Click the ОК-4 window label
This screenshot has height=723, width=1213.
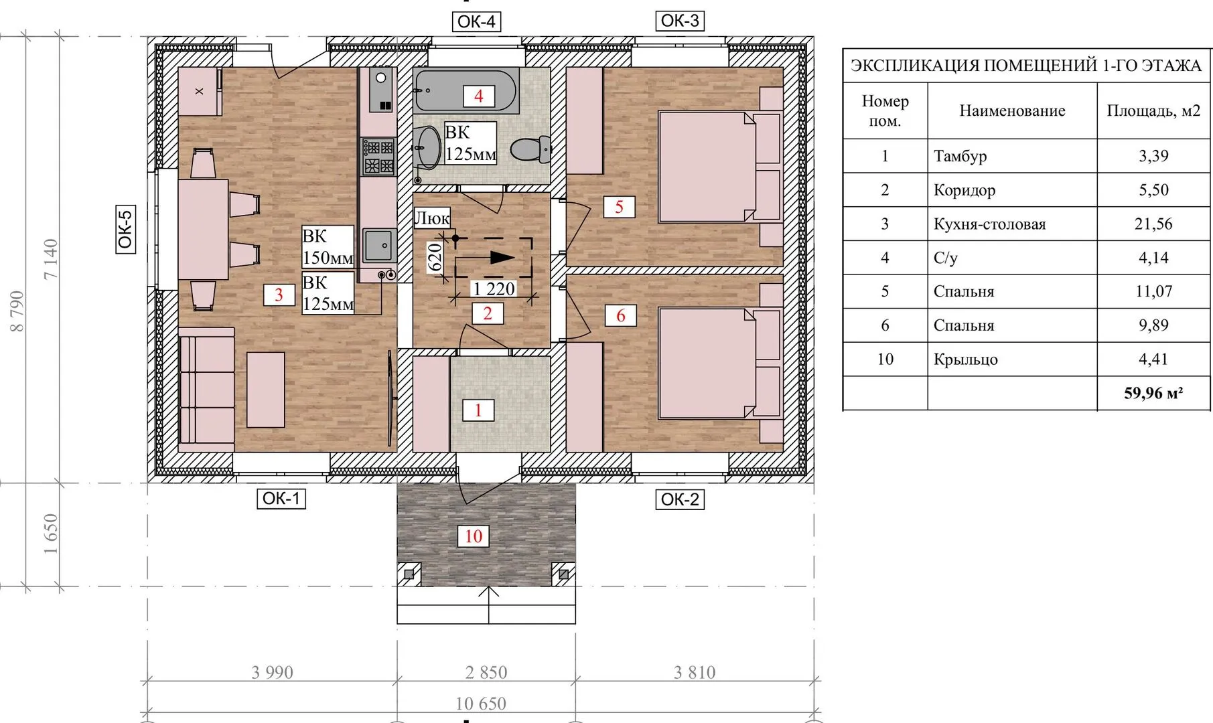(476, 21)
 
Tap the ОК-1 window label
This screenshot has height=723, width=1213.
(281, 498)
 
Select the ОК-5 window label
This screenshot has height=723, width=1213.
(125, 228)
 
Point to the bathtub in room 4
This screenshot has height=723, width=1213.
(466, 90)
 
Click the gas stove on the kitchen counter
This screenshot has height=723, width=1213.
(378, 156)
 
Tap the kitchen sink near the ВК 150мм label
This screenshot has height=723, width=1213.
(380, 245)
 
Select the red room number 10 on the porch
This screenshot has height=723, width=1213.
(474, 536)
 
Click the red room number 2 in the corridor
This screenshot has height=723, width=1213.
(488, 313)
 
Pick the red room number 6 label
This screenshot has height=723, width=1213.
(620, 315)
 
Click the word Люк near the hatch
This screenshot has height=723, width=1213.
(432, 218)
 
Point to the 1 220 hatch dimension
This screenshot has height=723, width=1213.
(494, 289)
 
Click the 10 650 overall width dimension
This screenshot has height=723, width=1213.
(481, 704)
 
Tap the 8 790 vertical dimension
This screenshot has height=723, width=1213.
(17, 311)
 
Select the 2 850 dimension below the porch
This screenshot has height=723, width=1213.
(486, 672)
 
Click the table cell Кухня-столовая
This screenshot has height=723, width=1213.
(989, 224)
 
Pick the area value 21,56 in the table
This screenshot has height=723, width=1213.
(1153, 224)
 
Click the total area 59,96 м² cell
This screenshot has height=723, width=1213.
(1153, 393)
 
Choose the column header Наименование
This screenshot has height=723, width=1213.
(1012, 110)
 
